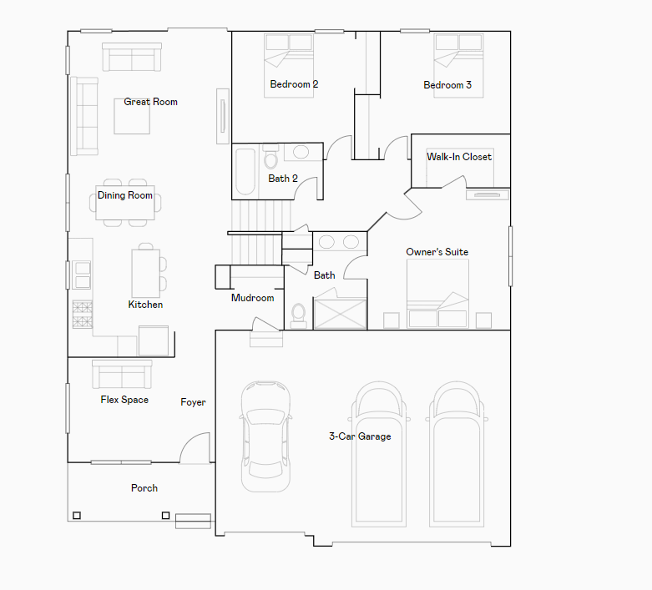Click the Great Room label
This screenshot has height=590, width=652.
(150, 102)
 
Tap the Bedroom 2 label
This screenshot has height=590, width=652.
(294, 84)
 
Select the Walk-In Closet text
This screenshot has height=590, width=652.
(459, 157)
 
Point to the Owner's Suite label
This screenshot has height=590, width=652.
(437, 252)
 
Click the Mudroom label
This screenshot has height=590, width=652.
(252, 298)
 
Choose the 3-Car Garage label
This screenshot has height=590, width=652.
(360, 436)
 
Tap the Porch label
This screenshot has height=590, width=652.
(144, 488)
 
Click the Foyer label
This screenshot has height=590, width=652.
(193, 402)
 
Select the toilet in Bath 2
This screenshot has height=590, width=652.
(270, 157)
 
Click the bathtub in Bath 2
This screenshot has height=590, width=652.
(245, 171)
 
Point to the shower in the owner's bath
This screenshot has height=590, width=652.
(341, 314)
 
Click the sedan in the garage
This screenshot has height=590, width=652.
(265, 436)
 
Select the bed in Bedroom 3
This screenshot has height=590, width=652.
(458, 66)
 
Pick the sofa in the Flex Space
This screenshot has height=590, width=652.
(122, 374)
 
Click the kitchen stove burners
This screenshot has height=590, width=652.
(83, 315)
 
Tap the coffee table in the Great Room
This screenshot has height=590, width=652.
(132, 117)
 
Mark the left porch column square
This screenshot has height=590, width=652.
(77, 516)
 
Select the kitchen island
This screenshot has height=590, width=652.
(145, 274)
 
